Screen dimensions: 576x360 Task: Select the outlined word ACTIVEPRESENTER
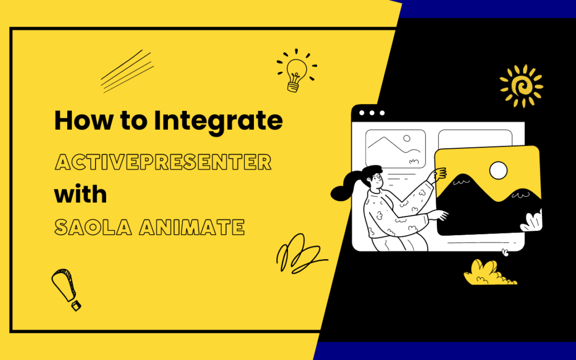[163, 162]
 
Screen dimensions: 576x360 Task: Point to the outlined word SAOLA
[93, 227]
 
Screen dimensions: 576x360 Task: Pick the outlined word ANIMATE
[192, 227]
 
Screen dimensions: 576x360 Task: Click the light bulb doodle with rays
[297, 70]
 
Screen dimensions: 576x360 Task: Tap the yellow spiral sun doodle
[521, 86]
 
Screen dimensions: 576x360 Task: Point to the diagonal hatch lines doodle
[127, 71]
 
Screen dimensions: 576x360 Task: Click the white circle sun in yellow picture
[499, 171]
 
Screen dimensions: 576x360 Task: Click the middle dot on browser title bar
[372, 113]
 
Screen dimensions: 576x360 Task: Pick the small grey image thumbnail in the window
[395, 148]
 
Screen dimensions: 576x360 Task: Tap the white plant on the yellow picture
[532, 221]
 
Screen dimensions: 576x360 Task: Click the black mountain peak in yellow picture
[459, 181]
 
